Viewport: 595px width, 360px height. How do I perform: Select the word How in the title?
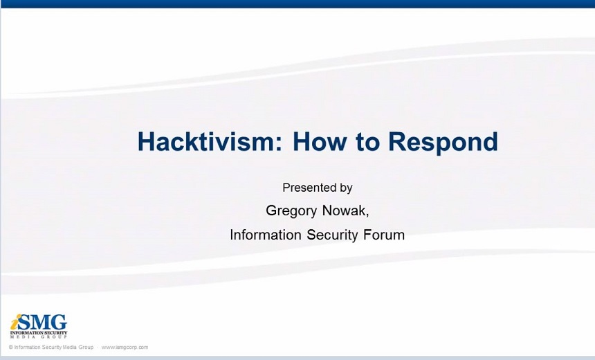320,141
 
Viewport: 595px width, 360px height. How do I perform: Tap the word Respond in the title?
443,143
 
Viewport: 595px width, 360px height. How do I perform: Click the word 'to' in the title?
367,142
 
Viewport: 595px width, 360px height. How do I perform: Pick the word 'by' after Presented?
347,188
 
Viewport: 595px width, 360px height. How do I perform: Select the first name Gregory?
291,211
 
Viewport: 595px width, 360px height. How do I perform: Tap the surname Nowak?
344,210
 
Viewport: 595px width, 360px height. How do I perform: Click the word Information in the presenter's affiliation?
266,235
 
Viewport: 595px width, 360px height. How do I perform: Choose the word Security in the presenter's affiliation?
332,235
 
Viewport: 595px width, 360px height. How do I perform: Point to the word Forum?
384,235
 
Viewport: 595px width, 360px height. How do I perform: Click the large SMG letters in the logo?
42,323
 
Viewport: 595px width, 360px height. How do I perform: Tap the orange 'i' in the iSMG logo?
14,323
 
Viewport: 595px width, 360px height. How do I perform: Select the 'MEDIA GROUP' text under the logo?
38,337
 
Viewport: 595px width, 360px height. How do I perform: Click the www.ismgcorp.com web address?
125,347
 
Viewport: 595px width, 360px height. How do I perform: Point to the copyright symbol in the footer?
11,347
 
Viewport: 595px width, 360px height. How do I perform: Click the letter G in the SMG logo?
60,323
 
